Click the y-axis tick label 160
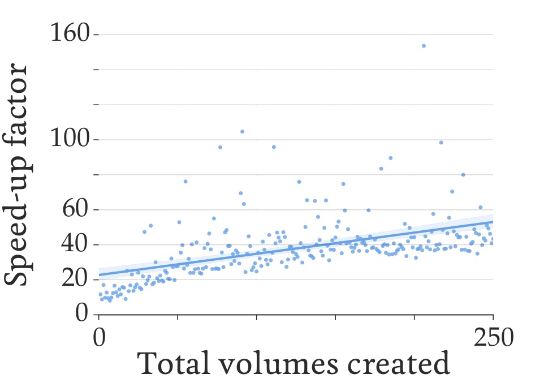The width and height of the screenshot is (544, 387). (70, 35)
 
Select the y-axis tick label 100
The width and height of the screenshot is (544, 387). (70, 139)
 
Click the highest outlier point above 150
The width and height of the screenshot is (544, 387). (424, 46)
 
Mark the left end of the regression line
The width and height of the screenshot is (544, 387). (100, 275)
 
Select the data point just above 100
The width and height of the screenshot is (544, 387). (242, 131)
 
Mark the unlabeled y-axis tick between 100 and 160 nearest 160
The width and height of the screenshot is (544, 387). (96, 70)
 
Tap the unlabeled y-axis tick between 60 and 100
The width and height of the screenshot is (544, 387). (96, 174)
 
